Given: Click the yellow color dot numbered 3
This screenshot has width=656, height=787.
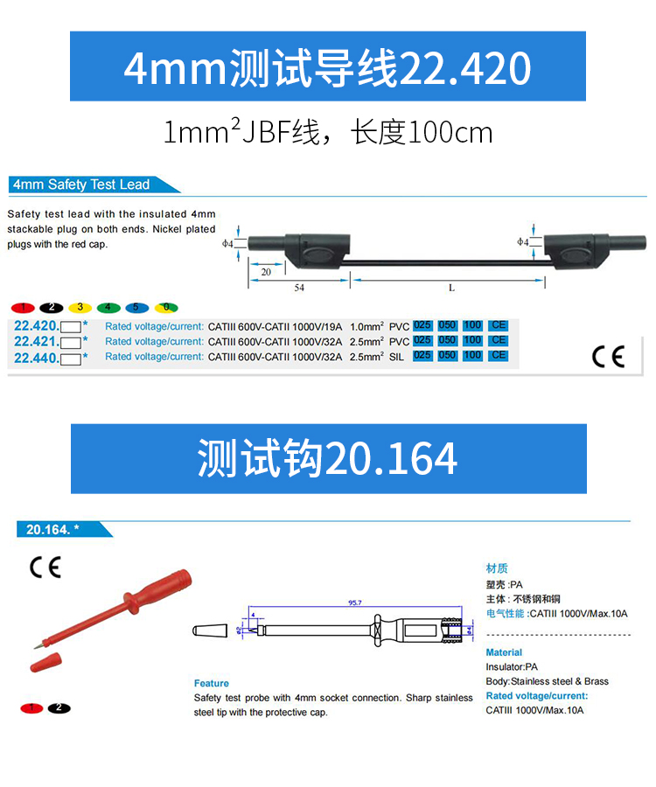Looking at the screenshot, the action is [x=80, y=308].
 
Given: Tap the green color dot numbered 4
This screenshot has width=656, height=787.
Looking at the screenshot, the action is [x=108, y=308].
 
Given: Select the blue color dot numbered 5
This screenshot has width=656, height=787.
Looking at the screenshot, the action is [x=137, y=308].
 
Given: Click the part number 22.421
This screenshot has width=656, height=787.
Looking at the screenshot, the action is [x=37, y=342].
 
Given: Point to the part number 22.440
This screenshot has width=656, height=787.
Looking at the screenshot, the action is [x=37, y=359].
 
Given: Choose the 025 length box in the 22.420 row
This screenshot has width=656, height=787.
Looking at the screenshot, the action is [x=422, y=325].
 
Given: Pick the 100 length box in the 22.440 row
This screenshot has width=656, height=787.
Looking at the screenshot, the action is [x=472, y=356].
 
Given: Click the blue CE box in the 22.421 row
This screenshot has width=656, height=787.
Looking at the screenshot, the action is [x=499, y=341].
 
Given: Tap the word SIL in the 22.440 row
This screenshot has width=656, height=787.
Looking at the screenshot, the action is [x=396, y=358].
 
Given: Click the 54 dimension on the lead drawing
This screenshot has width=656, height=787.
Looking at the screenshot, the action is [x=299, y=288].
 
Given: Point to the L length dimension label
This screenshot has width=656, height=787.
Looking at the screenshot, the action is [x=451, y=288].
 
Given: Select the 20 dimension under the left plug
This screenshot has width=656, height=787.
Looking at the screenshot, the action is [x=266, y=272].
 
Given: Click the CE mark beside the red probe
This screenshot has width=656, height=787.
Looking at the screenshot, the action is [x=45, y=568].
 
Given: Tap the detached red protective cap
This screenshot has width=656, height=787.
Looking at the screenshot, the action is [x=45, y=662].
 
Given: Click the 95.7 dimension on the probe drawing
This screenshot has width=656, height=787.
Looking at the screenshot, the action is [x=355, y=602].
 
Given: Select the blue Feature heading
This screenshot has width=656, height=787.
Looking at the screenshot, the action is [x=212, y=683].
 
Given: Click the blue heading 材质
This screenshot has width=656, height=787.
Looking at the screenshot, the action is [x=497, y=568].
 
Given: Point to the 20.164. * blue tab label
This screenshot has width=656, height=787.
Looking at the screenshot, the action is [x=52, y=530].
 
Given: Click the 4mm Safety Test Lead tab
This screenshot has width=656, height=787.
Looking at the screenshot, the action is [x=81, y=185].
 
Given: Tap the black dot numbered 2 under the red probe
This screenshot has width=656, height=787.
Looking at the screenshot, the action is [x=59, y=708].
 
